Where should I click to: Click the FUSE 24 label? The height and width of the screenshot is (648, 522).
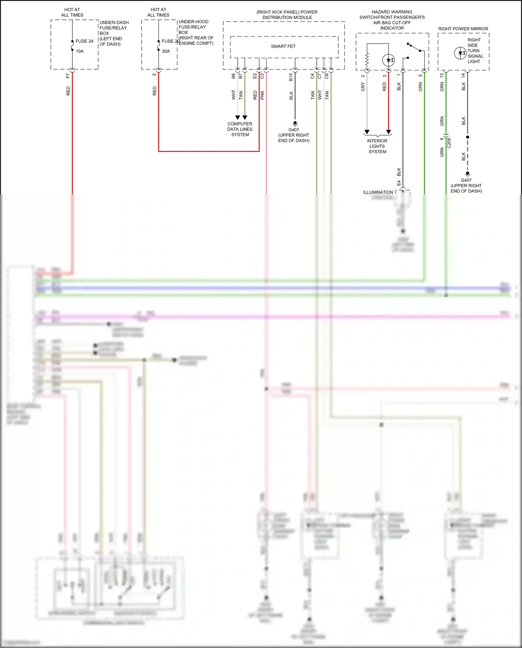[x=84, y=41]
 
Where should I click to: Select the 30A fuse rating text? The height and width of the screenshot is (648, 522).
[x=166, y=51]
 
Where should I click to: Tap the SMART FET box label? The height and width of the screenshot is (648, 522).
[x=283, y=46]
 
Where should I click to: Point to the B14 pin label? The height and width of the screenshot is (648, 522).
[x=291, y=77]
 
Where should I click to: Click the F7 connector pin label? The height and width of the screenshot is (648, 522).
[x=68, y=76]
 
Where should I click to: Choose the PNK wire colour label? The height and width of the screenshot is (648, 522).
[x=262, y=95]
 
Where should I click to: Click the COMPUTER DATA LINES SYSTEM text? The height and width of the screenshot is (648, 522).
[x=240, y=129]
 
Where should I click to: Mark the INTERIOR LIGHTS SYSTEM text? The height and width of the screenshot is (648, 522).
[x=377, y=146]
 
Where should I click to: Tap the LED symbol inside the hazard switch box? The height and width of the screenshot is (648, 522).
[x=388, y=60]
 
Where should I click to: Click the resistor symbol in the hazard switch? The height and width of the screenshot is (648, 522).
[x=367, y=60]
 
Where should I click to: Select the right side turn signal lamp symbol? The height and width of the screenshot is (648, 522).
[x=460, y=53]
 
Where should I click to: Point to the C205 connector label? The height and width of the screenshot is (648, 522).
[x=449, y=143]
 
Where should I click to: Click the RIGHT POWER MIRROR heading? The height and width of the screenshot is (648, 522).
[x=463, y=29]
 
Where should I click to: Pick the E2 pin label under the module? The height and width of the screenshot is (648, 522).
[x=255, y=76]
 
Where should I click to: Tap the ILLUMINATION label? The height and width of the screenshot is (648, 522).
[x=378, y=192]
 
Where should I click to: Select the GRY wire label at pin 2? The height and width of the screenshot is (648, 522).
[x=363, y=87]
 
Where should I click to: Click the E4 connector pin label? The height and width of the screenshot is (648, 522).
[x=399, y=183]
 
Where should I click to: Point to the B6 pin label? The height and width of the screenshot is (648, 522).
[x=233, y=76]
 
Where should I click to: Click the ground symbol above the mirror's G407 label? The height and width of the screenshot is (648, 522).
[x=467, y=173]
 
